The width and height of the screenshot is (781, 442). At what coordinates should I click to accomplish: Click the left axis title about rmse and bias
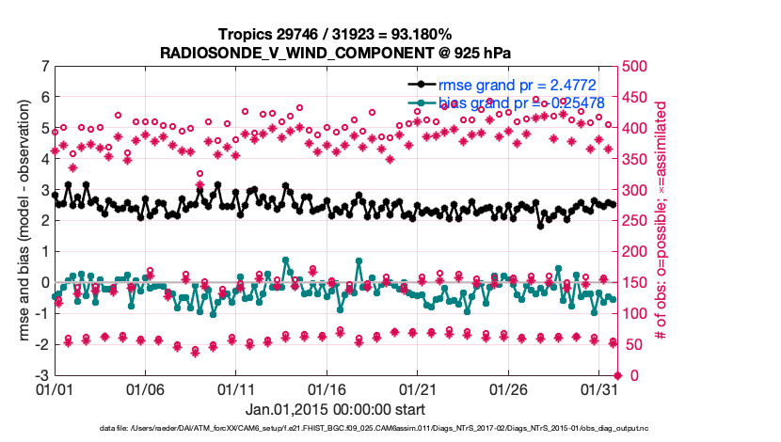(x=20, y=221)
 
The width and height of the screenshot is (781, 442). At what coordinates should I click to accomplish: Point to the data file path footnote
(x=374, y=429)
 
